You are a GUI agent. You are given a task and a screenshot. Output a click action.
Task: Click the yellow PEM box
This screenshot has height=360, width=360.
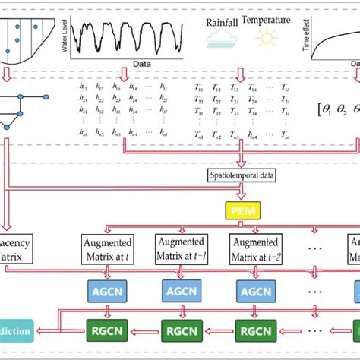pyautogui.click(x=241, y=207)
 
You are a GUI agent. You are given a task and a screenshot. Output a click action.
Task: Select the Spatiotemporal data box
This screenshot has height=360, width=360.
pyautogui.click(x=241, y=175)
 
